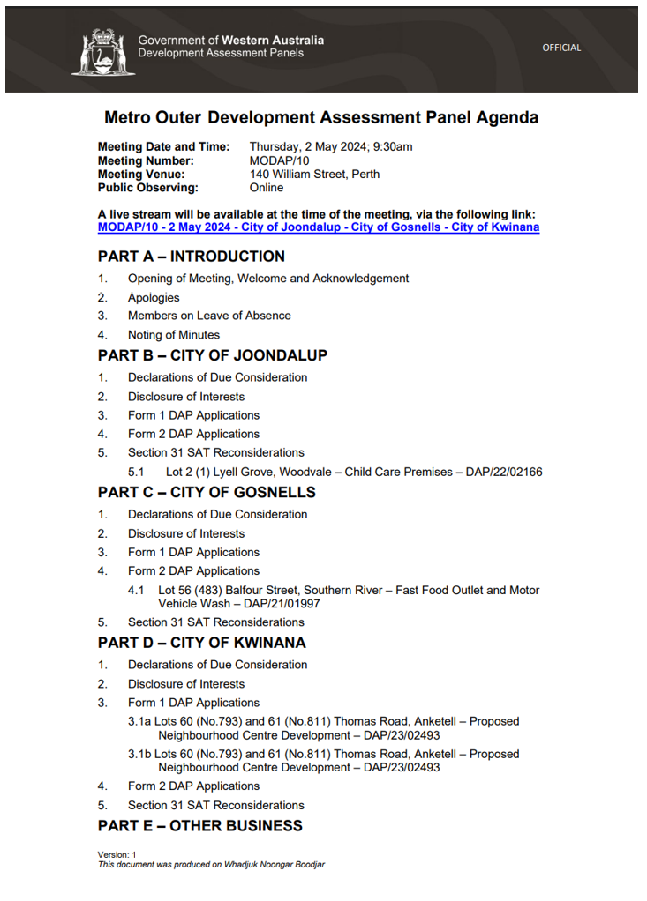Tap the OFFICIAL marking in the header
click(561, 48)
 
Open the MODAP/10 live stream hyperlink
click(319, 227)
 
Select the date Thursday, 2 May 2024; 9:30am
click(331, 147)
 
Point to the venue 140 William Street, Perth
click(314, 174)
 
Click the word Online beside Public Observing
click(267, 188)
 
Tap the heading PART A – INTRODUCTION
click(192, 257)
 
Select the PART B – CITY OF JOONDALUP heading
click(213, 355)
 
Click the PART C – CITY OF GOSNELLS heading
click(207, 492)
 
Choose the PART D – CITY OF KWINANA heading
click(202, 643)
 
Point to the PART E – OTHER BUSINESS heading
click(200, 826)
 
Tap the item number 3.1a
click(140, 721)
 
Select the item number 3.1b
click(140, 754)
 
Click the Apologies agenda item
click(154, 298)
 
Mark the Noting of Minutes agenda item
click(174, 335)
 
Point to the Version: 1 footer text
click(117, 854)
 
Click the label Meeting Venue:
click(141, 174)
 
